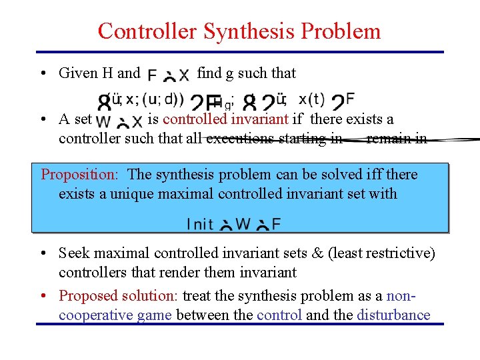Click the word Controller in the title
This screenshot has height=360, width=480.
pyautogui.click(x=147, y=31)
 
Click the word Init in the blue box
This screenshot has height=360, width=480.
pyautogui.click(x=200, y=224)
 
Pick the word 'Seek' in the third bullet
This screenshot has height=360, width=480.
pyautogui.click(x=74, y=253)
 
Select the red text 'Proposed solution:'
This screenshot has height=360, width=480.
pyautogui.click(x=119, y=295)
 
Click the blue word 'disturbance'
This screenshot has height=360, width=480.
pyautogui.click(x=393, y=315)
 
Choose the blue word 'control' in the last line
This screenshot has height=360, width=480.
pyautogui.click(x=279, y=315)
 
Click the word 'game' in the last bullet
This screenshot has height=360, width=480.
pyautogui.click(x=154, y=315)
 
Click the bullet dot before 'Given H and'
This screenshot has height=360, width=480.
pyautogui.click(x=42, y=73)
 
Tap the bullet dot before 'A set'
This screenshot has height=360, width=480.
pyautogui.click(x=42, y=120)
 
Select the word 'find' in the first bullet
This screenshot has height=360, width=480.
pyautogui.click(x=209, y=73)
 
